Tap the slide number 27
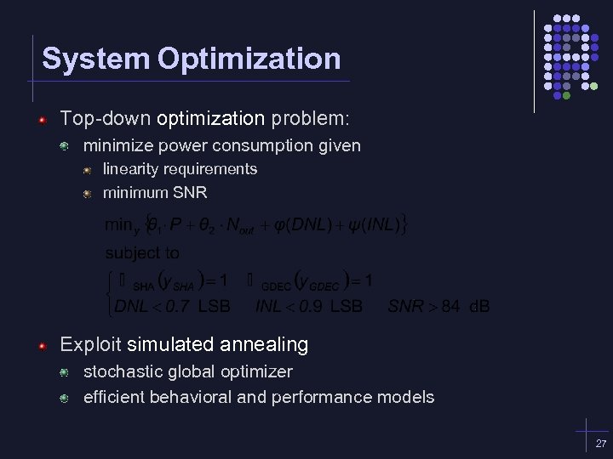tap(601, 444)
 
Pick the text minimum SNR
tap(155, 193)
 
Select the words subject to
tap(142, 253)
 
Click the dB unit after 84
tap(479, 305)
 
